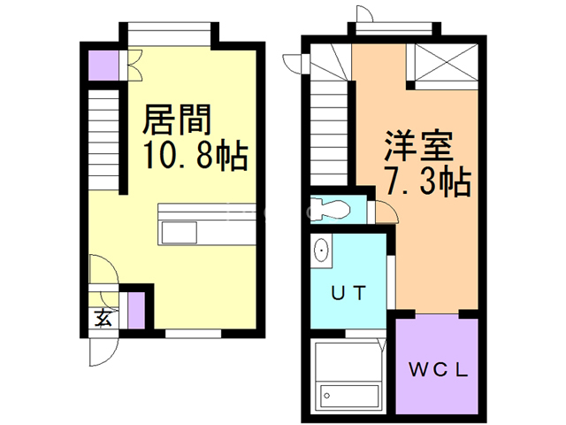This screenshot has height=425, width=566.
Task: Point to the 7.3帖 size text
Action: [x=426, y=183]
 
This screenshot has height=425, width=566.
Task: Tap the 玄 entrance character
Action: [x=103, y=318]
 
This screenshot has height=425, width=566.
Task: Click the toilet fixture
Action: [x=334, y=209]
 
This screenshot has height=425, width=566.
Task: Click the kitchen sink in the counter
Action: [x=180, y=233]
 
